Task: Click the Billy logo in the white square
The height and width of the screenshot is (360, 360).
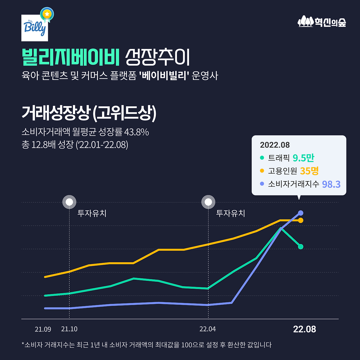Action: (35, 28)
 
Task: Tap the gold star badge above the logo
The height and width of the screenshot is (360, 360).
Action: (47, 14)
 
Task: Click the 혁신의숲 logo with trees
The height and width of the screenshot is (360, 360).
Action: (322, 22)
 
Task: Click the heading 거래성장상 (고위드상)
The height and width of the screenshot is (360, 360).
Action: (89, 113)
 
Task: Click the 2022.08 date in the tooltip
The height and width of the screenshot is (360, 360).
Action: (275, 145)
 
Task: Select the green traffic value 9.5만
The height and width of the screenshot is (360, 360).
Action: (303, 158)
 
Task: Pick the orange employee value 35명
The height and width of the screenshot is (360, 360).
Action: (309, 171)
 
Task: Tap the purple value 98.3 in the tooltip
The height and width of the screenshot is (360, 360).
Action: (331, 184)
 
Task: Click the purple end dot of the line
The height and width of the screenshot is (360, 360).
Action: (301, 213)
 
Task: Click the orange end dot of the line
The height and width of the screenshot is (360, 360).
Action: (301, 220)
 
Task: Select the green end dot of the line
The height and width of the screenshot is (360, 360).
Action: (301, 247)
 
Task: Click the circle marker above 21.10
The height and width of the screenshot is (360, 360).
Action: (69, 202)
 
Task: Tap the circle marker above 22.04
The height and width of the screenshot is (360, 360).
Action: (208, 202)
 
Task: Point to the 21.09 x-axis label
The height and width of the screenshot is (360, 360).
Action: (43, 329)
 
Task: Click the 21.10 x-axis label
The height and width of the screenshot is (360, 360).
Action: (69, 329)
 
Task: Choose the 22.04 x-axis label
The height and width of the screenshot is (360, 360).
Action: (208, 329)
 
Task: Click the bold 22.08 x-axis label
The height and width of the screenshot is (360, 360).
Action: (304, 329)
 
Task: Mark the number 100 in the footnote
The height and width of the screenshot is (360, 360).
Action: (186, 345)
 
